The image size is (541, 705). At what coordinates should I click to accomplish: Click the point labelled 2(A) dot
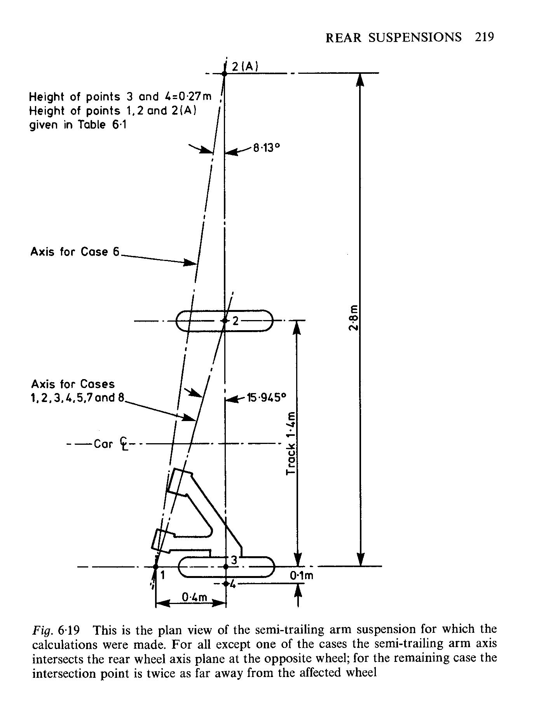click(224, 73)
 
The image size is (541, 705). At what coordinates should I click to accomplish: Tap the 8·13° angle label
click(267, 148)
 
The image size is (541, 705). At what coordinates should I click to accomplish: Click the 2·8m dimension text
click(353, 318)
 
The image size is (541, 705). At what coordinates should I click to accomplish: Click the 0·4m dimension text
click(195, 597)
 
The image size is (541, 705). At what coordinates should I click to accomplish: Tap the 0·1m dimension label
click(302, 576)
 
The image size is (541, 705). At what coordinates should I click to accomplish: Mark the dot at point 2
click(224, 320)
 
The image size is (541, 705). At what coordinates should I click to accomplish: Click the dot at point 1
click(155, 567)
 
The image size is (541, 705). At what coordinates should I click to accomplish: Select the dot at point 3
click(226, 567)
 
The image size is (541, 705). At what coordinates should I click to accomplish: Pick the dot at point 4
click(226, 583)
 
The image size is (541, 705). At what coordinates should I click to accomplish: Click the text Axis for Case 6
click(75, 252)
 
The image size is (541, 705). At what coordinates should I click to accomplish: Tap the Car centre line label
click(110, 444)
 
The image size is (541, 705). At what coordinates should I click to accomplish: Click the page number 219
click(484, 37)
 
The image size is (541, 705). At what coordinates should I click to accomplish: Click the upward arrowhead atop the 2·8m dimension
click(360, 80)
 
